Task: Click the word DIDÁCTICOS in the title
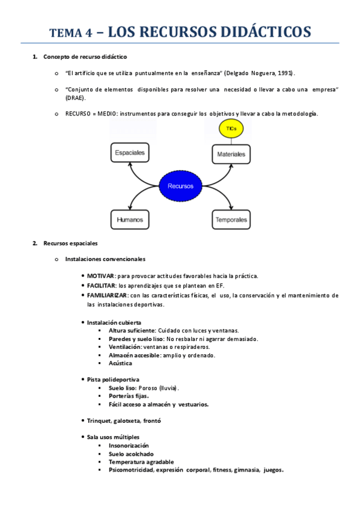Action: click(x=262, y=31)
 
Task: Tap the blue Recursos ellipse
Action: click(x=180, y=186)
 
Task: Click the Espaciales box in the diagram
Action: click(x=129, y=153)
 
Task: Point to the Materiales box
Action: click(x=231, y=155)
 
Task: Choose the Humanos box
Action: click(x=129, y=220)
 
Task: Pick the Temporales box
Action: click(x=231, y=220)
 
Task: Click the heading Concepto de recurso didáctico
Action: click(x=85, y=57)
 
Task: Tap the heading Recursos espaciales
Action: click(x=70, y=244)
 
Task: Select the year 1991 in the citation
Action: click(x=284, y=73)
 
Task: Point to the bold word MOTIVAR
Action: click(x=102, y=276)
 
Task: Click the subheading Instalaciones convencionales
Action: click(x=105, y=259)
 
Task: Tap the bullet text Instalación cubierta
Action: click(x=114, y=323)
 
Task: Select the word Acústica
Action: click(x=120, y=363)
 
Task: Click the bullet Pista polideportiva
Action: click(x=113, y=379)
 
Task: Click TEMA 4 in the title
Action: click(x=70, y=34)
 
